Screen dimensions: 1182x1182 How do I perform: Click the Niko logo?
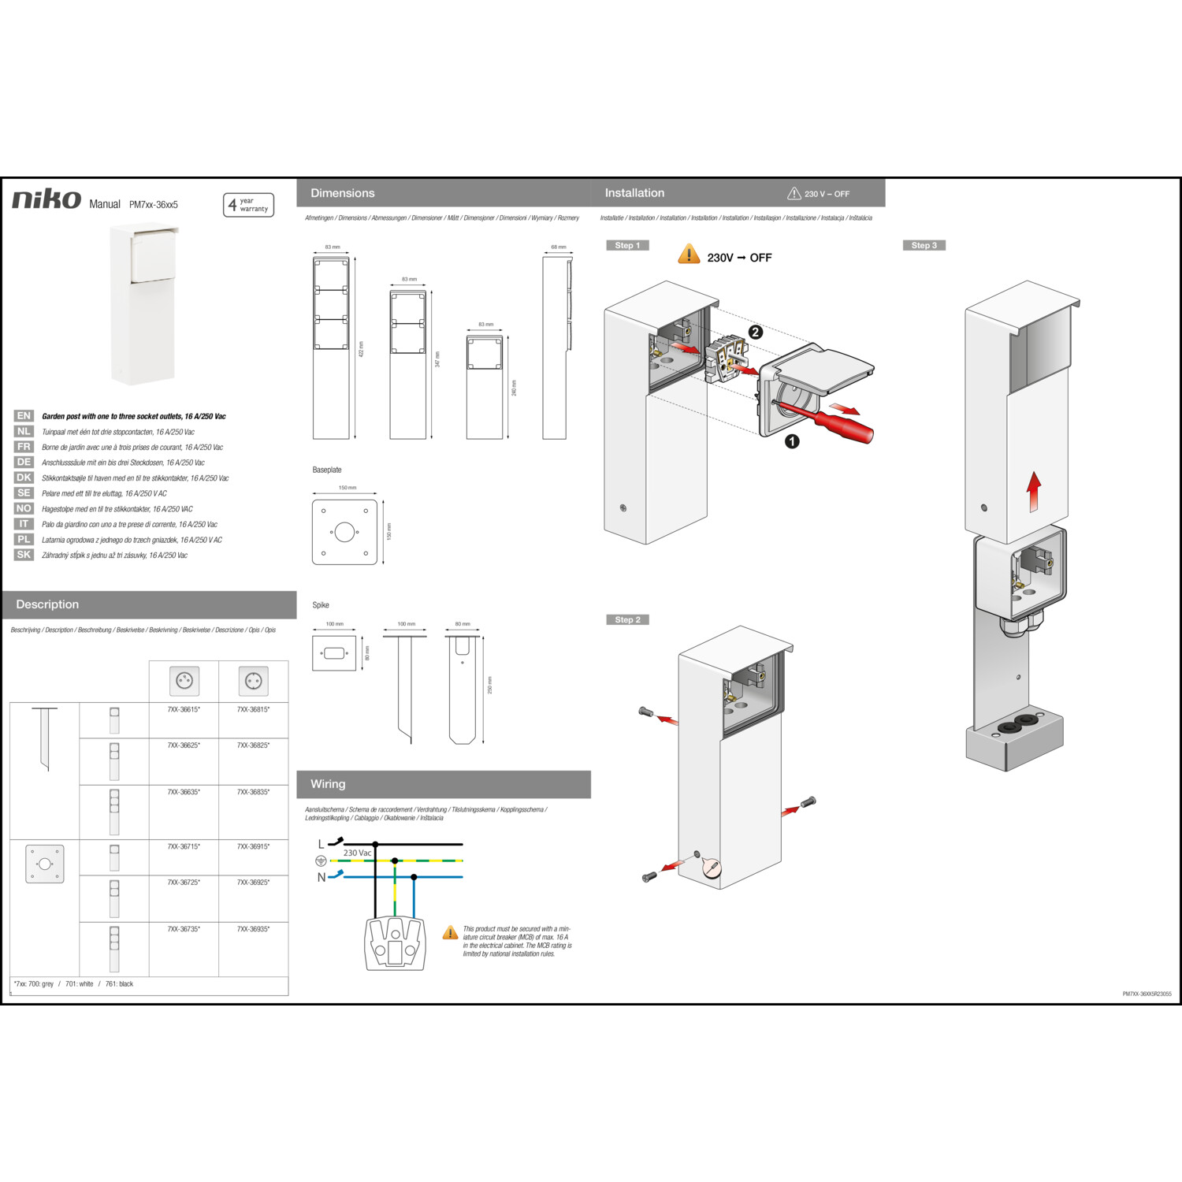(x=46, y=199)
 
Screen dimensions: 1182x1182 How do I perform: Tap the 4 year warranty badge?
(x=248, y=205)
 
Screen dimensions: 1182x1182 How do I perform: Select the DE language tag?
(x=24, y=463)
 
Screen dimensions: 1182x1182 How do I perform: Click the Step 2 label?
(x=627, y=620)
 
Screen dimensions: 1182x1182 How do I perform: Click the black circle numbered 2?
(x=755, y=333)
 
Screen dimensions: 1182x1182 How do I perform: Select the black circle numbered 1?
(x=792, y=442)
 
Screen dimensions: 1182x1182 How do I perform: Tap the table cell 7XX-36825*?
(x=253, y=745)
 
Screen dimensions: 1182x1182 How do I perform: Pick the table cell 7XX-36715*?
(x=184, y=847)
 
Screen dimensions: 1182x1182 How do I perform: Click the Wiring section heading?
(x=328, y=784)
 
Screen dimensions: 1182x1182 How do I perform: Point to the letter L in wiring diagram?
(x=321, y=845)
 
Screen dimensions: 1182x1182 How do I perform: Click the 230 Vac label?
(x=357, y=853)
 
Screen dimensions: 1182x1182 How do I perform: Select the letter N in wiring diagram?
(x=322, y=877)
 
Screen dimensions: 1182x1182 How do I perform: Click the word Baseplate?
(x=327, y=470)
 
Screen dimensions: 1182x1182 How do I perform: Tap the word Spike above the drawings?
(x=321, y=605)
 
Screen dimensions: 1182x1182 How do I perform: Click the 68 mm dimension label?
(x=558, y=247)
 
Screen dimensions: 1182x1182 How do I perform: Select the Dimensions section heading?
(x=343, y=193)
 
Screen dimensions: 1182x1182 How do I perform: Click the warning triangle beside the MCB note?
(x=450, y=933)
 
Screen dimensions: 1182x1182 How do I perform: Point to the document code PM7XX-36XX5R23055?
(x=1147, y=994)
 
